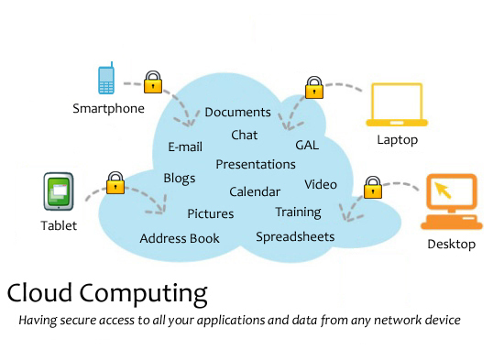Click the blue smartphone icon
pos(106,79)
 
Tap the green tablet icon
pos(60,192)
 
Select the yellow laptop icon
pos(396,106)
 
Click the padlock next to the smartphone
pos(153,83)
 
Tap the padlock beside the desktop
pos(373,188)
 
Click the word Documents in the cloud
pos(237,113)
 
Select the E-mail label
pos(185,147)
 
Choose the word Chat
pos(244,136)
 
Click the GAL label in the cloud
pos(307,146)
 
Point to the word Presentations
pos(256,165)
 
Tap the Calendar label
pos(255,192)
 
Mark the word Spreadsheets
pos(295,237)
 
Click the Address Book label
pos(180,239)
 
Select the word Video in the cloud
pos(321,185)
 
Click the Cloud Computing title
pos(107,293)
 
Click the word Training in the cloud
pos(298,213)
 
